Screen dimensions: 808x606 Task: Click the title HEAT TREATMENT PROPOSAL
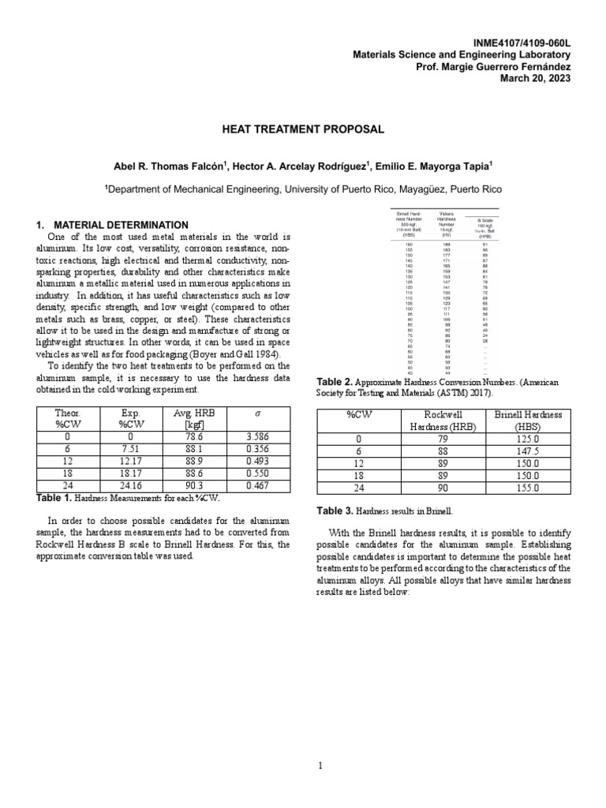click(x=303, y=129)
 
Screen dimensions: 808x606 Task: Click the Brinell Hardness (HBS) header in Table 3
click(x=528, y=420)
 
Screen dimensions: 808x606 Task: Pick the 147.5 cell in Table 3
click(x=528, y=451)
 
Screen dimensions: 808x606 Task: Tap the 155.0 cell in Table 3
click(x=528, y=488)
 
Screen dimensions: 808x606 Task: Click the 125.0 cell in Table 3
click(x=528, y=438)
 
